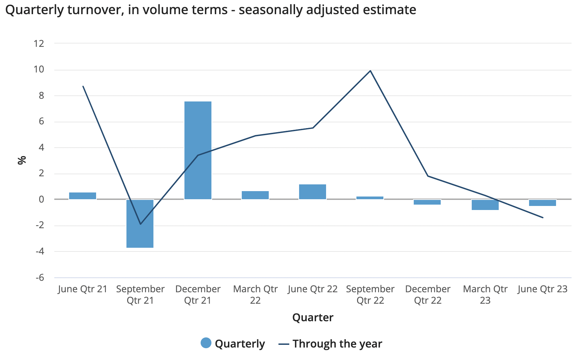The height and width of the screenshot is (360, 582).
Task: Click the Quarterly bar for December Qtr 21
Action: pos(198,150)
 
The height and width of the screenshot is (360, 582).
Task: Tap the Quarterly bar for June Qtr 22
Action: pos(313,192)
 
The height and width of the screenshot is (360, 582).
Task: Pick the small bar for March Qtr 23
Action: pos(485,205)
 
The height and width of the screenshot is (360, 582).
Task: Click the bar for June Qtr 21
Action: pos(83,196)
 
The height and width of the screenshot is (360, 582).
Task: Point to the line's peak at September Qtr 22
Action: pos(370,71)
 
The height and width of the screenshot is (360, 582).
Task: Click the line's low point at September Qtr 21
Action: pos(140,224)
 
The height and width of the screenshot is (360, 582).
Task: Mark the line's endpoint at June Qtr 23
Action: pos(543,217)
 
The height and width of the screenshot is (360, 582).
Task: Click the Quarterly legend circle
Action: pos(206,343)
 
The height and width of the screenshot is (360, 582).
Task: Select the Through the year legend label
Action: pos(337,343)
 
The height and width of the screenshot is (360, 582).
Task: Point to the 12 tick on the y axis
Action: pos(39,43)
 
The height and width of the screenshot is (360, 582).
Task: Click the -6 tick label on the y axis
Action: pos(39,277)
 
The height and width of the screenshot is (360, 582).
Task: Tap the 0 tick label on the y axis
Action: pos(41,199)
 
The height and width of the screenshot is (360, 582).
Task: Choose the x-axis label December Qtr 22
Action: pos(428,294)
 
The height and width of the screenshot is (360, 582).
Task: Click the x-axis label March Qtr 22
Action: pos(255,294)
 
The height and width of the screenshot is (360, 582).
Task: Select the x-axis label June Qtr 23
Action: pos(543,289)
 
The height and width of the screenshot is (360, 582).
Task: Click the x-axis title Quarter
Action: pos(313,317)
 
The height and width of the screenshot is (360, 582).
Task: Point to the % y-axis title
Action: pos(22,160)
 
